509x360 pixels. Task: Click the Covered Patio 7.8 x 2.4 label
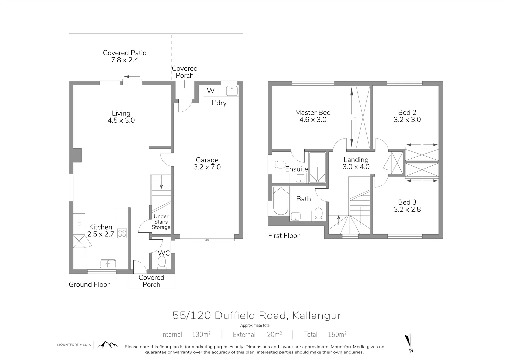pos(124,56)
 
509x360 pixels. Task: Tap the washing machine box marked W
pos(211,91)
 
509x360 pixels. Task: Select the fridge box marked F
pos(79,225)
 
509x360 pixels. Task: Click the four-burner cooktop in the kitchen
pos(122,233)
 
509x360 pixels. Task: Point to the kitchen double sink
pos(108,264)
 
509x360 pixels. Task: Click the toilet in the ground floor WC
pos(162,262)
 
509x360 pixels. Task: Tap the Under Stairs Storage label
pos(161,222)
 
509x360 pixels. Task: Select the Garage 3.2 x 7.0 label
pos(207,164)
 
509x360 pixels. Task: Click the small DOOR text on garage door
pos(208,240)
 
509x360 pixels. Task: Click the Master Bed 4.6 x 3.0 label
pos(313,116)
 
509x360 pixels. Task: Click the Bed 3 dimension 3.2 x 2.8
pos(407,210)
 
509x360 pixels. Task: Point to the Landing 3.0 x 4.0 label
pos(356,163)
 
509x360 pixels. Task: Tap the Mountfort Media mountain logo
pos(107,345)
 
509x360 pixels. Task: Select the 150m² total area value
pos(336,334)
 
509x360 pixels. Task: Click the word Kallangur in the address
pos(317,315)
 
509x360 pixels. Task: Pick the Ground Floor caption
pos(89,284)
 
